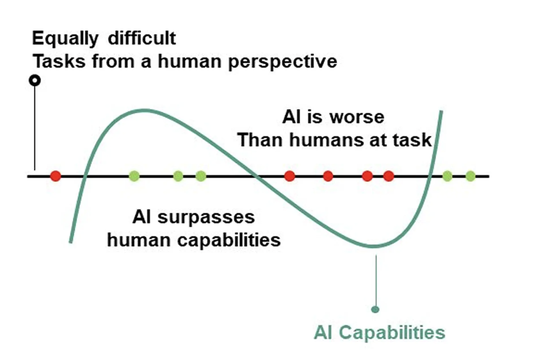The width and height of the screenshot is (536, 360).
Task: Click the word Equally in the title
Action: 65,39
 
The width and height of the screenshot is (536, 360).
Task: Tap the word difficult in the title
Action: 142,38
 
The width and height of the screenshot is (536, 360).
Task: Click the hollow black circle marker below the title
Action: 35,81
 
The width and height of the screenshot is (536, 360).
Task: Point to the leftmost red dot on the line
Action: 56,176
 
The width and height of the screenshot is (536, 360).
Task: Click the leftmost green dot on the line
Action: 134,176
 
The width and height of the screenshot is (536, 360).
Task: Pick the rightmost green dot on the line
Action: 470,176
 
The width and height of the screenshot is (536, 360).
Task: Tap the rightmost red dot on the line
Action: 389,176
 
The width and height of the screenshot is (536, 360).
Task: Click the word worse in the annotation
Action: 357,117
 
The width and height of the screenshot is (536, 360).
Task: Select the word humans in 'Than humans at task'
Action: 327,141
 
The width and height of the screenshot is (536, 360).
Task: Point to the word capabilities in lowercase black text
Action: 229,240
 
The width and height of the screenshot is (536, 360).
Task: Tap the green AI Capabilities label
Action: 379,333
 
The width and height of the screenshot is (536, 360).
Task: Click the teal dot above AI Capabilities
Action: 375,309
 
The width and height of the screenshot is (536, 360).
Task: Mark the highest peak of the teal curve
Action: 144,111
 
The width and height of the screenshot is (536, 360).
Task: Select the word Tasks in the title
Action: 59,61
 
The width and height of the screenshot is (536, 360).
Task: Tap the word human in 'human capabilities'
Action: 139,240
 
